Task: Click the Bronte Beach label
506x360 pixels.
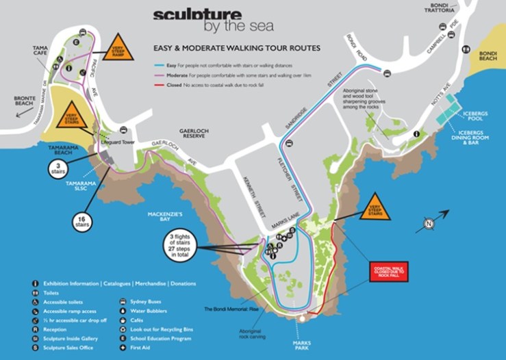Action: click(x=24, y=101)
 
